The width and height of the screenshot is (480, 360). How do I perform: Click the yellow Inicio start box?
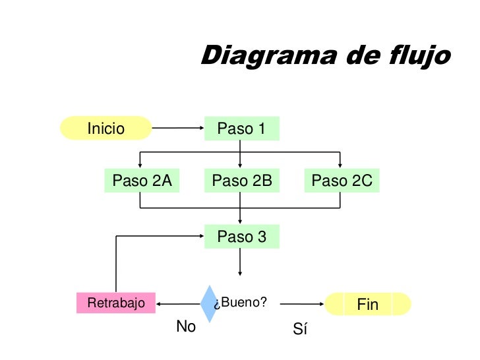[x=106, y=129]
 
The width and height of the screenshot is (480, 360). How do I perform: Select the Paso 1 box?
[x=241, y=129]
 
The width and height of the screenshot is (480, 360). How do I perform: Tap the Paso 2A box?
[x=142, y=181]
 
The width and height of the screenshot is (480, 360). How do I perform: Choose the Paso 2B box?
[x=241, y=181]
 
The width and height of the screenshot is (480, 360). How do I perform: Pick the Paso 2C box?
[x=342, y=181]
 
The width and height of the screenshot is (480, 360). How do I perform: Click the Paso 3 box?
[x=241, y=237]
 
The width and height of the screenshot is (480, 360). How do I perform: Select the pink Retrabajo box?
[x=115, y=303]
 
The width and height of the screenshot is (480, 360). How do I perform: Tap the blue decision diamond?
[x=209, y=303]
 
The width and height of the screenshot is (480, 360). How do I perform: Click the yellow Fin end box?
[x=368, y=304]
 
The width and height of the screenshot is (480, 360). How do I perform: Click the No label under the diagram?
[x=186, y=326]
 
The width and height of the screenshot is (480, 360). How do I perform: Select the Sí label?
[x=300, y=329]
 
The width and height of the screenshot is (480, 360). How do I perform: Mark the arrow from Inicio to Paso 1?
[x=178, y=129]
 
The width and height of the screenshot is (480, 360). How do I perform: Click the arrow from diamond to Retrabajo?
[x=178, y=304]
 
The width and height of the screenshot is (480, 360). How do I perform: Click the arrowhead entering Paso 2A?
[x=140, y=165]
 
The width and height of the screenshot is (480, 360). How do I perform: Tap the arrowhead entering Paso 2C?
[x=340, y=165]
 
